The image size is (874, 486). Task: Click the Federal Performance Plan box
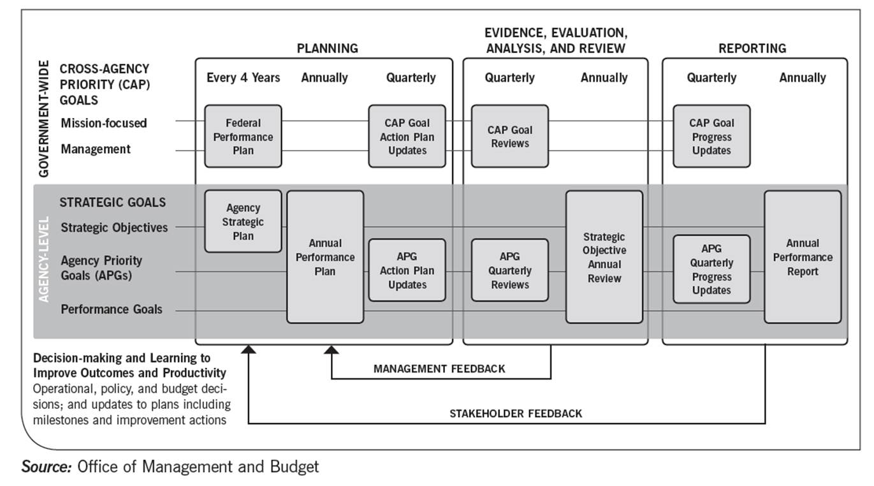(x=243, y=136)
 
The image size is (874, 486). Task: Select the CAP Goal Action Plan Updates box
(x=407, y=136)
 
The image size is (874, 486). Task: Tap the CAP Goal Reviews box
(x=509, y=136)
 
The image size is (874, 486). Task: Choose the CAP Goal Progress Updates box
(x=711, y=136)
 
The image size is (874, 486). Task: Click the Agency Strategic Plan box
(x=243, y=221)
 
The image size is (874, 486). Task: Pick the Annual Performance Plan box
(x=325, y=257)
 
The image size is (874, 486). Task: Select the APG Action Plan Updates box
(x=407, y=270)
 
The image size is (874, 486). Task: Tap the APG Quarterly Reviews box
(x=509, y=270)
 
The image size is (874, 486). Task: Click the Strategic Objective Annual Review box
(x=604, y=257)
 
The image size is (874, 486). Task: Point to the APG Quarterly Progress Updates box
(x=711, y=270)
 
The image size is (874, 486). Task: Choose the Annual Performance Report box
(x=803, y=257)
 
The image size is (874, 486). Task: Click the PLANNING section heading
(x=328, y=48)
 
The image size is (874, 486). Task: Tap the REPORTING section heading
(x=752, y=48)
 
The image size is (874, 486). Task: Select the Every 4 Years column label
(x=243, y=78)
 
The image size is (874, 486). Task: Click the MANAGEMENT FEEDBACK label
(x=439, y=369)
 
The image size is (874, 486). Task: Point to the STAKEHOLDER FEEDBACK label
(x=516, y=413)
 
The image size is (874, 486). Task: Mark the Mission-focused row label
(x=104, y=123)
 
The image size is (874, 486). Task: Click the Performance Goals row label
(x=112, y=309)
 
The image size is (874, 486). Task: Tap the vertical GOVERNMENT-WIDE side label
(x=44, y=119)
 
